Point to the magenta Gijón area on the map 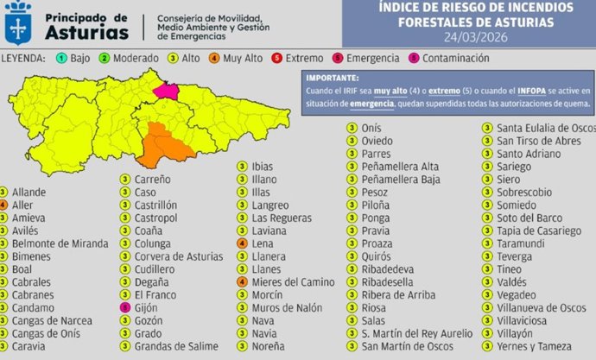click(x=165, y=89)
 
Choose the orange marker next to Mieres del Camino click(x=241, y=281)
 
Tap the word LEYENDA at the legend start click(x=23, y=59)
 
